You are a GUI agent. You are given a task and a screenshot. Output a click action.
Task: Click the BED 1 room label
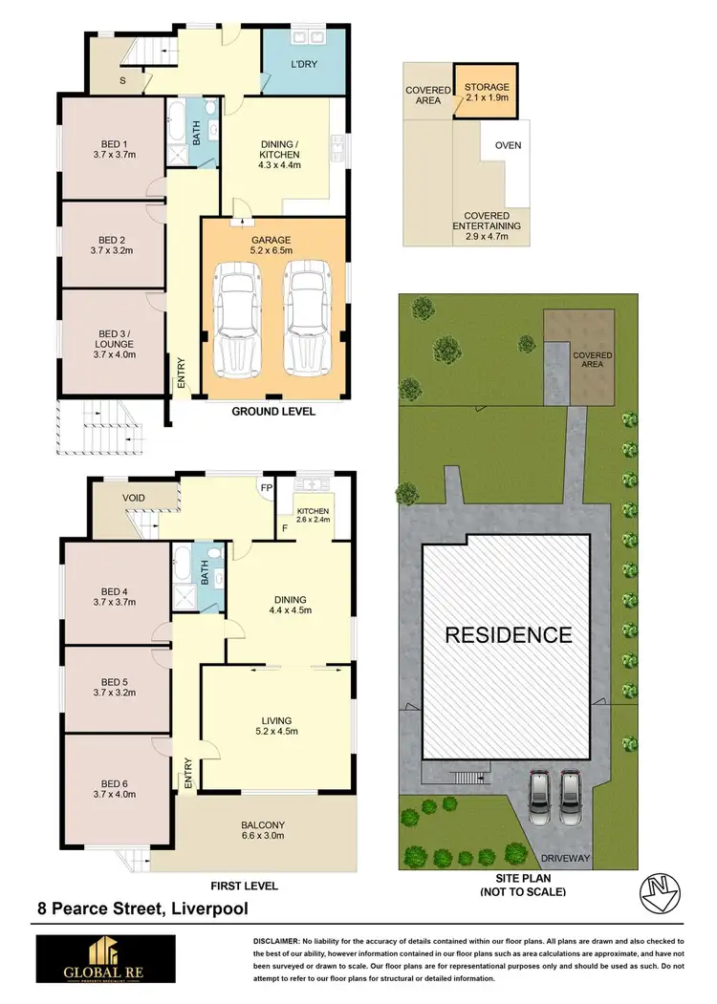click(x=112, y=146)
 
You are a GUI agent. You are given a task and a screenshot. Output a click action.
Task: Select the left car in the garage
click(x=236, y=325)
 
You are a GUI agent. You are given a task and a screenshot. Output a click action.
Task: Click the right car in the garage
click(x=306, y=325)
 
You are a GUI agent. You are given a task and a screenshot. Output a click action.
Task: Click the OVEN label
click(x=508, y=146)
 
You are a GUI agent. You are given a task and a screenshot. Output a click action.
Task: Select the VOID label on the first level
click(x=134, y=498)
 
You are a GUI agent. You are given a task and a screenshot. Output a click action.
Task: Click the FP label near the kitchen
click(x=265, y=487)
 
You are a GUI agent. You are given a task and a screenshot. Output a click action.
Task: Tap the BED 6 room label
click(x=112, y=789)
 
